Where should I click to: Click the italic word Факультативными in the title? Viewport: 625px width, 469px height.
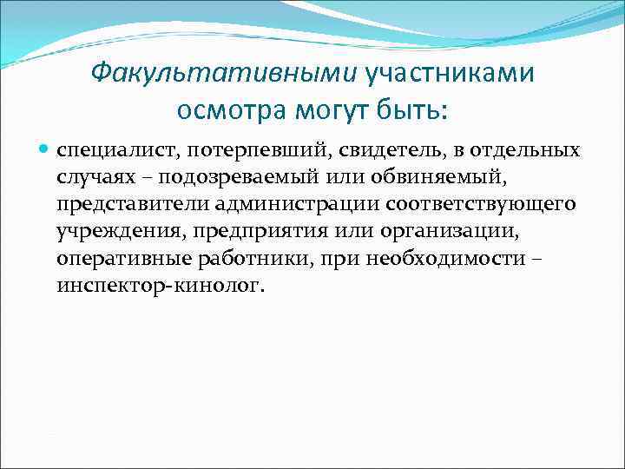click(224, 72)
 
